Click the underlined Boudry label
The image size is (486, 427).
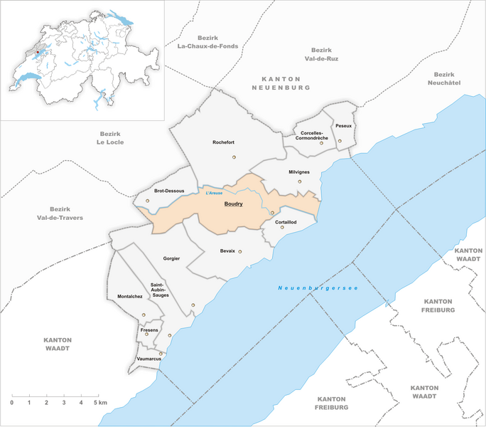[233, 204]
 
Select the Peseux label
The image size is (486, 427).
[344, 126]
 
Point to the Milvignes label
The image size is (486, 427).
[299, 172]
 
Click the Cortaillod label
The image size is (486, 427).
[285, 222]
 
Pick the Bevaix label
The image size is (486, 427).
[227, 251]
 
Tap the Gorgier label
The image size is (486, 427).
[171, 258]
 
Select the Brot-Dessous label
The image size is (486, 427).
[169, 191]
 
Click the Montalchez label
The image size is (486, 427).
[129, 297]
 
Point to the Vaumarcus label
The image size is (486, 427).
[144, 359]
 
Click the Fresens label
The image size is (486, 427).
[148, 330]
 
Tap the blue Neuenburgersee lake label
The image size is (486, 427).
[317, 288]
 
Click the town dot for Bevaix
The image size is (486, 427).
[240, 251]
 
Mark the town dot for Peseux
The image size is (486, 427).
[340, 141]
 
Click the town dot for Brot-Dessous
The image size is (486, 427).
[148, 201]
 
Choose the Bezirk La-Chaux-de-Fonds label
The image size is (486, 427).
[208, 42]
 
